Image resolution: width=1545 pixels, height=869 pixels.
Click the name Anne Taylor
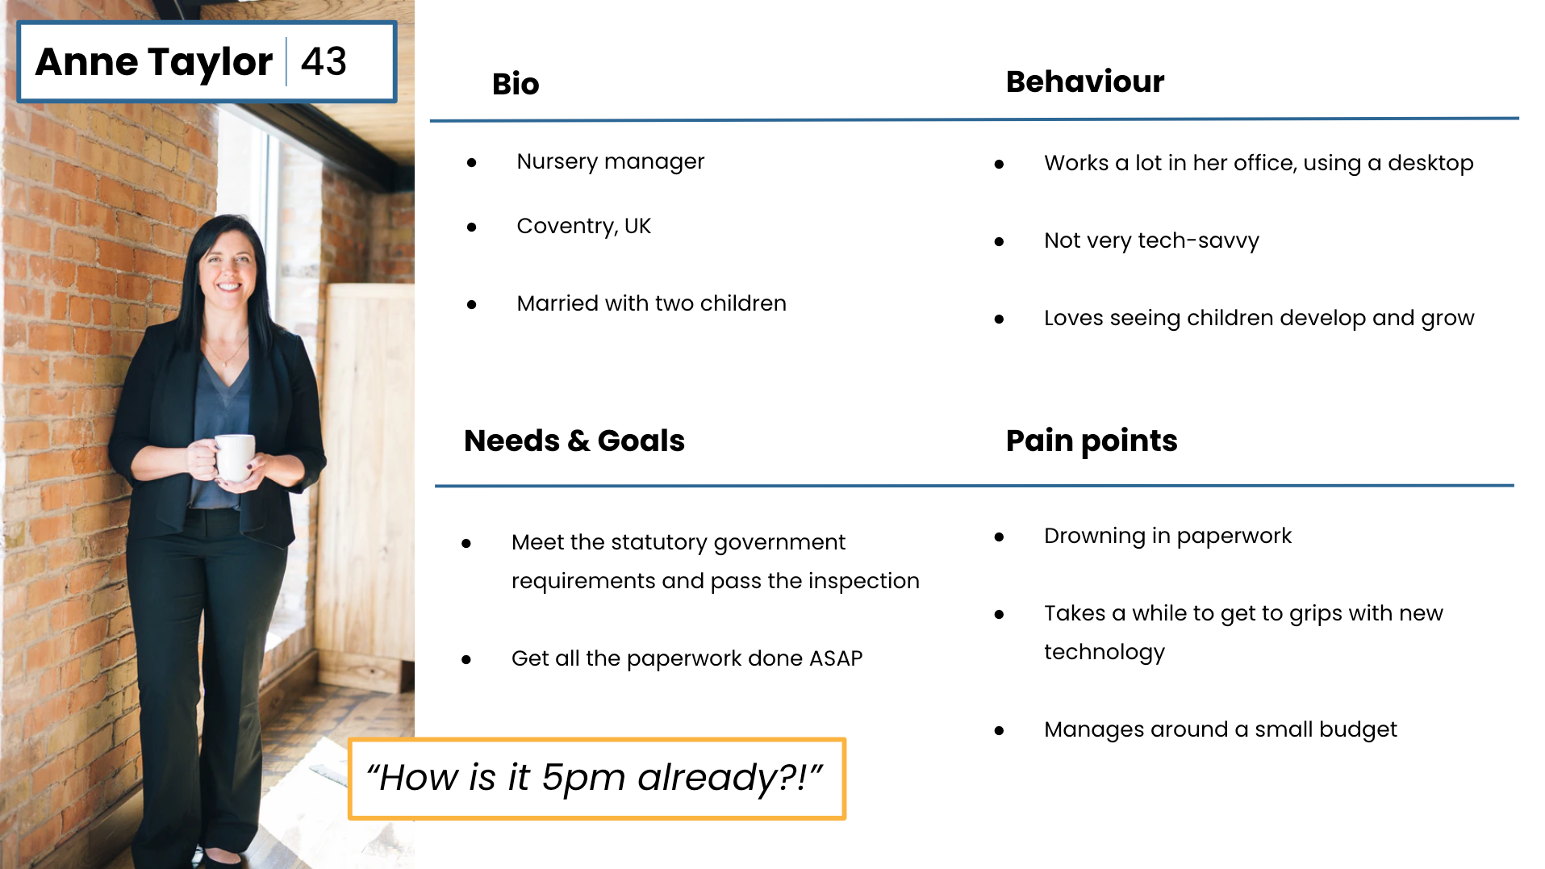[x=154, y=62]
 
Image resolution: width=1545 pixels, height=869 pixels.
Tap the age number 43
[x=324, y=61]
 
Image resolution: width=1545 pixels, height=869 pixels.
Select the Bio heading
[x=516, y=84]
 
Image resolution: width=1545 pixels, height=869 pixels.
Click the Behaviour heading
[x=1085, y=81]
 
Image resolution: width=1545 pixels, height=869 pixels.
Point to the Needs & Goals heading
[x=574, y=441]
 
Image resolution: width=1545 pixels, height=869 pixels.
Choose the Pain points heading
[x=1092, y=441]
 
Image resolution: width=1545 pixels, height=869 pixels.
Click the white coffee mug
[x=235, y=457]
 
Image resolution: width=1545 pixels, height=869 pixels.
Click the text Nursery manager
[x=611, y=161]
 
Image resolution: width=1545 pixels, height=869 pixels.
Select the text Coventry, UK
[x=583, y=226]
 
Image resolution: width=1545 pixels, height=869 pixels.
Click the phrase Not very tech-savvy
[x=1151, y=240]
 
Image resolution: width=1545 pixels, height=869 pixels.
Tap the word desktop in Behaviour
[x=1430, y=163]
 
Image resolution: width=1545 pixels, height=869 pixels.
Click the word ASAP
[x=836, y=658]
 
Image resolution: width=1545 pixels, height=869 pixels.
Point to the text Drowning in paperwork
[x=1167, y=536]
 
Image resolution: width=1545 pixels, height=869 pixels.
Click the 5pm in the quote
[x=583, y=778]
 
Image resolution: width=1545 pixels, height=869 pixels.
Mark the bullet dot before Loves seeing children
[x=999, y=320]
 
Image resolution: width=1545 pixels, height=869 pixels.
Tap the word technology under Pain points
[x=1104, y=652]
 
